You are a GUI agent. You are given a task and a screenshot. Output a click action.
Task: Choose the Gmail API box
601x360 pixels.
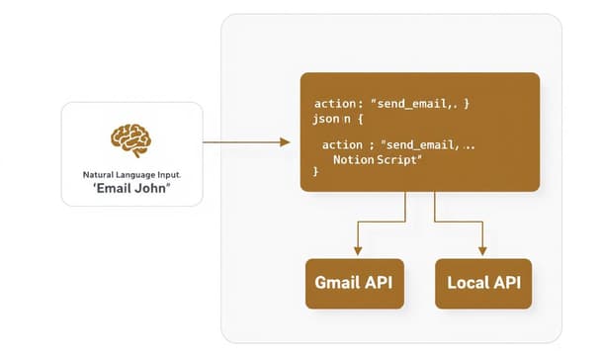tap(354, 283)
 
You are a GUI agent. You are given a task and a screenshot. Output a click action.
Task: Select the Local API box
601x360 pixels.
tap(482, 283)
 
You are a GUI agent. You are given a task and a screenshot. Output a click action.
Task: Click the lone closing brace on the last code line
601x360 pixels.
tap(316, 172)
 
